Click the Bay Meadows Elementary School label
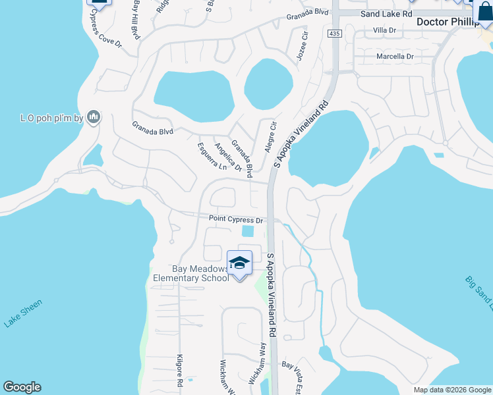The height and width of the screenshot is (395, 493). point(191,273)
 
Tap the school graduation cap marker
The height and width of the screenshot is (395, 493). point(239,264)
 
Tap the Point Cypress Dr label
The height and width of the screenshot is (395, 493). point(236,219)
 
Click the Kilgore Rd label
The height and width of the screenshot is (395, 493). point(179,369)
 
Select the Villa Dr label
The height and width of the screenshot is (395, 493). point(384,30)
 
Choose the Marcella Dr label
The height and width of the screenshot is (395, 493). point(395,57)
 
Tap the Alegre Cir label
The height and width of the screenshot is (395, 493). point(270,136)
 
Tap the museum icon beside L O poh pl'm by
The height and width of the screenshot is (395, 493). point(93,117)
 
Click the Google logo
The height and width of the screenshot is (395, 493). point(22,387)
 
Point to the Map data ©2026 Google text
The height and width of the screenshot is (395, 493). point(452,390)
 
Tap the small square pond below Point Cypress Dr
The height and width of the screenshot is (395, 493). point(248,231)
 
